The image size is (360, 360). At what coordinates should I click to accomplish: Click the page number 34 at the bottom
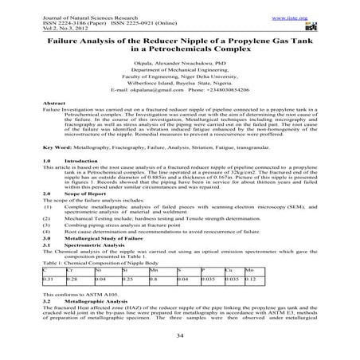pyautogui.click(x=180, y=335)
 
